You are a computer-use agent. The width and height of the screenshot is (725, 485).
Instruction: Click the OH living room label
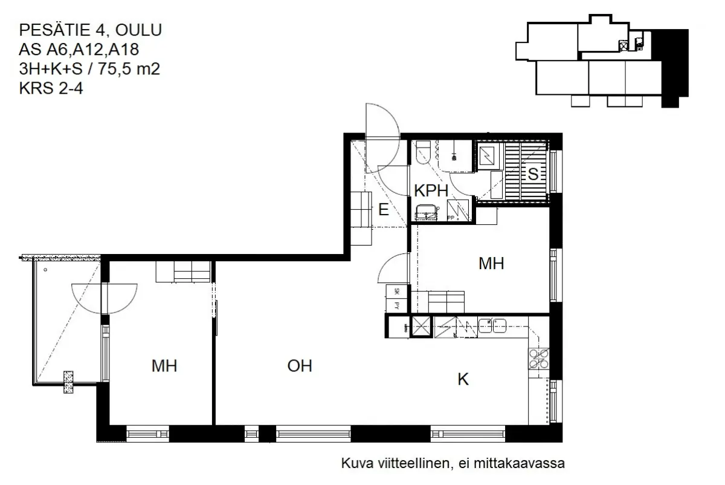point(300,366)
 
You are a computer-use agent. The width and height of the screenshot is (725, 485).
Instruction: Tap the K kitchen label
point(463,380)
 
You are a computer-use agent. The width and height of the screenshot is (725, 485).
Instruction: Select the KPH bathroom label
point(431,190)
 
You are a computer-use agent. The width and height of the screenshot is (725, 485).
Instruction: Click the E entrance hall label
point(383,210)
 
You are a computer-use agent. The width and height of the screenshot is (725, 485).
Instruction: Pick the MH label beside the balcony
point(164,366)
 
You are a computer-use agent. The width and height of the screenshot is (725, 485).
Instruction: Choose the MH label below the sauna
point(491,264)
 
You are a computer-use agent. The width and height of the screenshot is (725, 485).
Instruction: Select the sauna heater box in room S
point(487,156)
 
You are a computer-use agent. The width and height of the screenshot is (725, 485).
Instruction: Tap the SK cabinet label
point(396,291)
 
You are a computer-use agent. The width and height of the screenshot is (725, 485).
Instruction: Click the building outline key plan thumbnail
point(601,63)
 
